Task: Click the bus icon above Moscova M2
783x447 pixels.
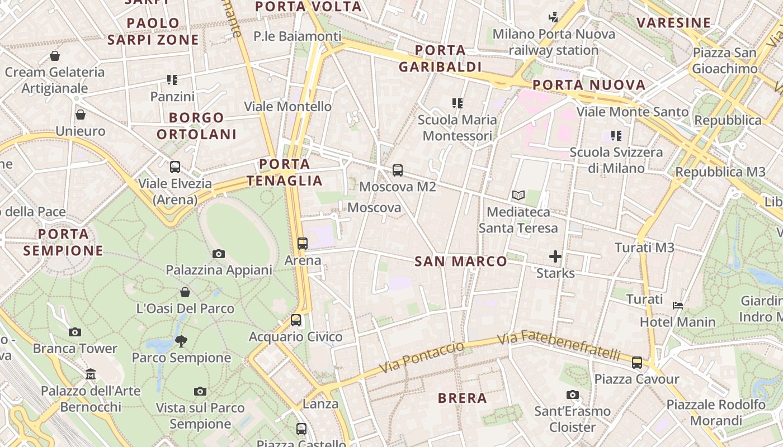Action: coord(397,170)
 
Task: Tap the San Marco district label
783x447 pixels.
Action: coord(461,261)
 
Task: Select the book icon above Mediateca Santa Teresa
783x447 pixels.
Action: coord(518,196)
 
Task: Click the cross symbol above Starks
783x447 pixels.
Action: coord(555,256)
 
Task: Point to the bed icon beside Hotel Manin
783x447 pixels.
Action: coord(678,306)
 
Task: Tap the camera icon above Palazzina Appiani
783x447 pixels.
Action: coord(219,254)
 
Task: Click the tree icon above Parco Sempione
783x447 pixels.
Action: coord(181,341)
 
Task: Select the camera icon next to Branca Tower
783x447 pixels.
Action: coord(75,332)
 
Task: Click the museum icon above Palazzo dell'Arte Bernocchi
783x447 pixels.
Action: coord(91,374)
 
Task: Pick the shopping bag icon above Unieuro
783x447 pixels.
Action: coord(81,115)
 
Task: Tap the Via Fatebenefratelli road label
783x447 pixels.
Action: coord(559,345)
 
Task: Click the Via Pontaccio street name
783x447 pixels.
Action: coord(422,358)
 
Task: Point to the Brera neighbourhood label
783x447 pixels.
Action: coord(463,398)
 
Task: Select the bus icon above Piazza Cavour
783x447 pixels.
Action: coord(637,362)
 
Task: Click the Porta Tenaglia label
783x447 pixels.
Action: coord(285,172)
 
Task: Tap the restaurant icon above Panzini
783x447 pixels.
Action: coord(172,80)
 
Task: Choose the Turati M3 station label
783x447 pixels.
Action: coord(644,248)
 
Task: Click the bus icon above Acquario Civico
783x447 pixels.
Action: coord(296,320)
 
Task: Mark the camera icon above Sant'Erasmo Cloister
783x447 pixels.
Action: coord(572,395)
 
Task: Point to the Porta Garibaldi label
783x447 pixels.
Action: coord(440,58)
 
